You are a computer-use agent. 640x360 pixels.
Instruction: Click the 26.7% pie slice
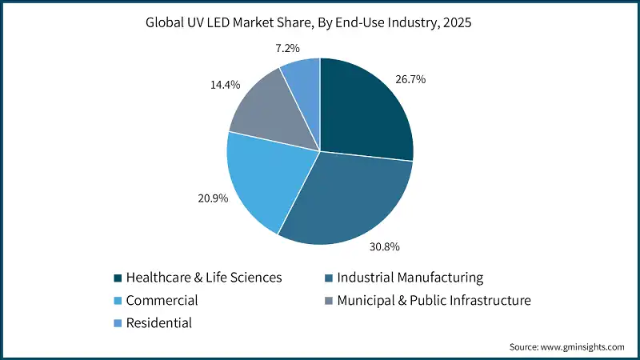coord(364,112)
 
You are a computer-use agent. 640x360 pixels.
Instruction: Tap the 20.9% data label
coord(212,198)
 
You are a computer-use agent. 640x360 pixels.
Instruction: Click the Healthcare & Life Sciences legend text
coord(205,278)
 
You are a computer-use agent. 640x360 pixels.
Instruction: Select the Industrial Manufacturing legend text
coord(410,278)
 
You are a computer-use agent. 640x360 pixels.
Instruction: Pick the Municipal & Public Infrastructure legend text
coord(434,301)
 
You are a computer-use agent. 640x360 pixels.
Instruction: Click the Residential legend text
coord(160,323)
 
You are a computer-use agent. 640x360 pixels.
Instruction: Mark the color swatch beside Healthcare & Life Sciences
coord(118,278)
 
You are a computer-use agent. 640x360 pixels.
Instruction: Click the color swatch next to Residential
coord(118,324)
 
